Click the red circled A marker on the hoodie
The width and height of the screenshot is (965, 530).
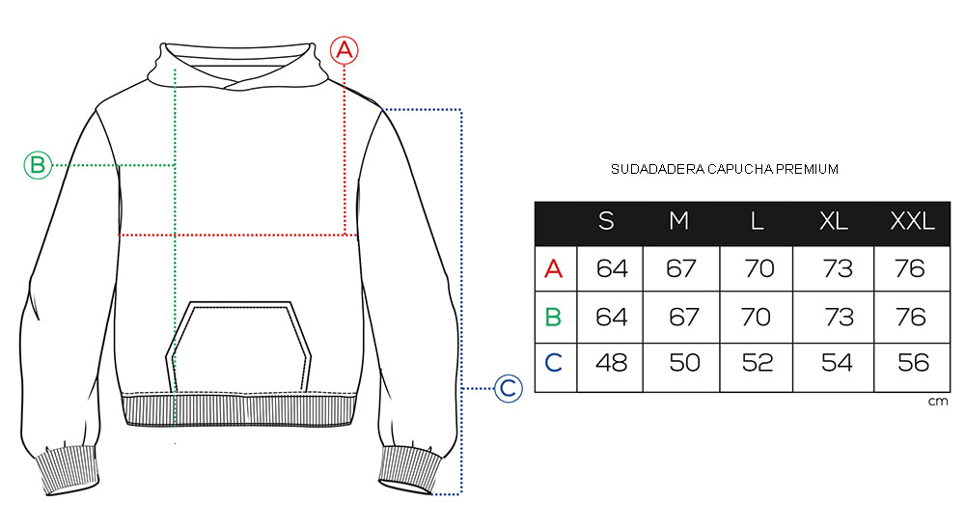coord(345,50)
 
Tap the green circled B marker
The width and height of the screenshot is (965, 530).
coord(37,165)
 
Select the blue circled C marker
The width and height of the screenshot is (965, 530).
coord(509,389)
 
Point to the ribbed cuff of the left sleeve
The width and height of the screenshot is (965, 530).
coord(69,470)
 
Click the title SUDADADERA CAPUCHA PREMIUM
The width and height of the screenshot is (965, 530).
coord(725,169)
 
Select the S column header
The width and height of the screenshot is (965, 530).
coord(606,221)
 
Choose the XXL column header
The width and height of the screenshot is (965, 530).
coord(912,221)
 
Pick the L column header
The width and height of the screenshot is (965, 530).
coord(758,221)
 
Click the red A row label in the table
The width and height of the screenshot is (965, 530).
coord(553,268)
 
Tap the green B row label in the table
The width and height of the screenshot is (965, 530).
coord(553,317)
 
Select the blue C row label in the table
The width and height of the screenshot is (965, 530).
coord(553,364)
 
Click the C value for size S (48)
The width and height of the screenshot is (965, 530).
coord(611,364)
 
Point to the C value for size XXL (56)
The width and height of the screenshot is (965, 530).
coord(912,364)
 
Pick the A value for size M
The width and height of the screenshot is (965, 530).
coord(681,268)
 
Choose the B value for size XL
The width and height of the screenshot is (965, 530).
coord(839,317)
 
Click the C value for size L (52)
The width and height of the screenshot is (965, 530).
coord(759,364)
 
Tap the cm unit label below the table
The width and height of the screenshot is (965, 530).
coord(938,401)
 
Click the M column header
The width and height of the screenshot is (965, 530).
coord(679,221)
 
